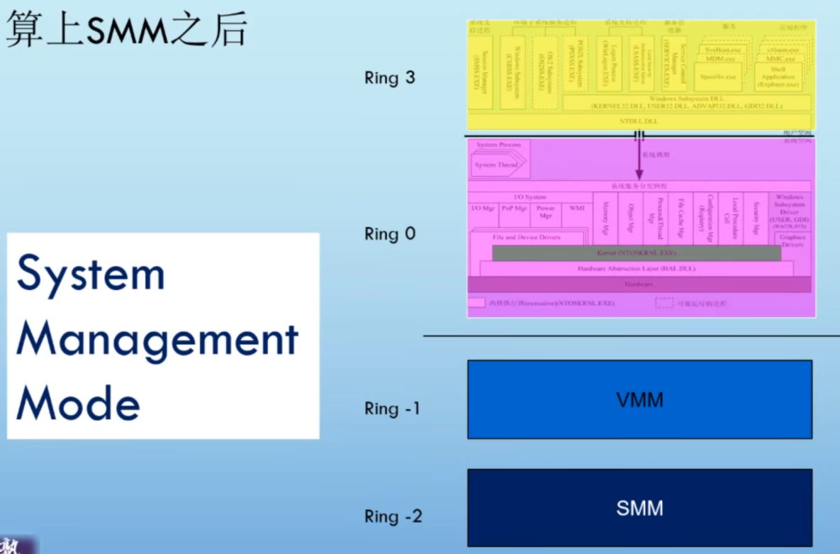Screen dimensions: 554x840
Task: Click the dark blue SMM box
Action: (x=639, y=508)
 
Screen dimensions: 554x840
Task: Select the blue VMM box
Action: (x=639, y=399)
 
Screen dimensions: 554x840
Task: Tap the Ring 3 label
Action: (x=390, y=78)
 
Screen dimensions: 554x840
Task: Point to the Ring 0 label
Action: (x=390, y=233)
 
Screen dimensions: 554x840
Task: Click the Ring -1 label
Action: (x=392, y=409)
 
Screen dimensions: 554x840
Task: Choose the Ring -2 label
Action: (x=393, y=516)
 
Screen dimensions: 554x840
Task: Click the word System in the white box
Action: (x=91, y=275)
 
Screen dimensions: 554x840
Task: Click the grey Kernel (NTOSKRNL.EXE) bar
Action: (x=636, y=253)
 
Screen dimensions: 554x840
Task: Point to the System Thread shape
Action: (x=496, y=165)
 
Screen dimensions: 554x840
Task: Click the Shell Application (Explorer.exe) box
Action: (x=778, y=77)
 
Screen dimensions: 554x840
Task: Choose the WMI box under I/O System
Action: (x=576, y=209)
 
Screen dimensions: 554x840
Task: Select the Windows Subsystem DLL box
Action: (x=686, y=102)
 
